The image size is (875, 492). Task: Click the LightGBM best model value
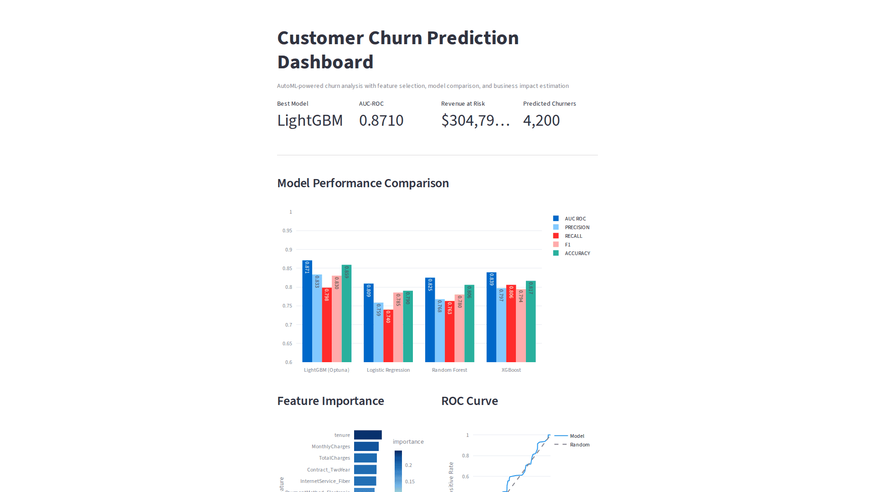click(310, 121)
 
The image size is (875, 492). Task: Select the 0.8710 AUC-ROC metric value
click(381, 121)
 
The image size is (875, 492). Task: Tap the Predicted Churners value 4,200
click(541, 121)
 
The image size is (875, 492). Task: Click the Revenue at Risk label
click(463, 104)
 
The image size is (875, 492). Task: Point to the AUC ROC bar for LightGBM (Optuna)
click(307, 314)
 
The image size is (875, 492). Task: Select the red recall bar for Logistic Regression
click(388, 337)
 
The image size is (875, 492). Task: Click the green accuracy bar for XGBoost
click(530, 323)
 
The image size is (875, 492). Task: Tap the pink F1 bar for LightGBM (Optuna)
click(337, 321)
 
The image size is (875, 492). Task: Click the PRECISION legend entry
click(576, 227)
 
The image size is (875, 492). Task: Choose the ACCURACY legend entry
click(577, 253)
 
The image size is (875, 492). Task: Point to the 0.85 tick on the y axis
click(287, 268)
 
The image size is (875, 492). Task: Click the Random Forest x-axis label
click(449, 370)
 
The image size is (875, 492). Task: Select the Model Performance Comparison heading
click(363, 183)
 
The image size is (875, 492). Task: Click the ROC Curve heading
click(469, 401)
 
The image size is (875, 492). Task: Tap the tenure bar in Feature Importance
click(368, 435)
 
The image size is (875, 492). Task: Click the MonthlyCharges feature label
click(330, 446)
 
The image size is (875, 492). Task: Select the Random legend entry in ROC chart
click(579, 445)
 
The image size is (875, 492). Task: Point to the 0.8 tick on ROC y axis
click(465, 456)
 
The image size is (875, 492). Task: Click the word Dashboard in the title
click(325, 62)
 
